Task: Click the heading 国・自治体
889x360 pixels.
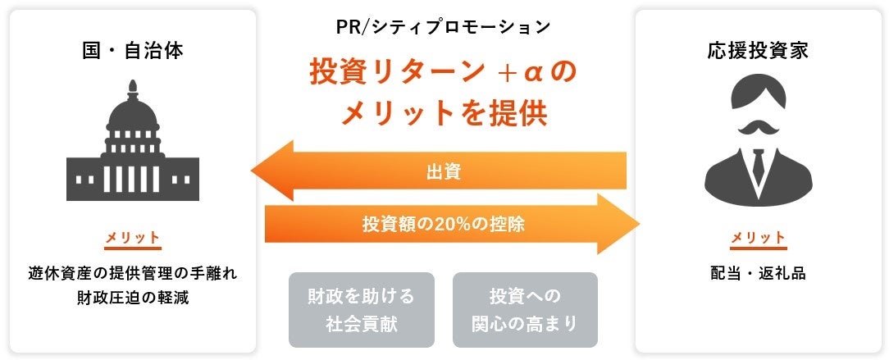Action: pos(132,51)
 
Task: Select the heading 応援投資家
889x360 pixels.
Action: pos(758,51)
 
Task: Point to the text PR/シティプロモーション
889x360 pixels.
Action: pos(444,27)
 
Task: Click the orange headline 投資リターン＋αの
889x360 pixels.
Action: pos(444,72)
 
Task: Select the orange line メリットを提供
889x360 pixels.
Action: pos(444,113)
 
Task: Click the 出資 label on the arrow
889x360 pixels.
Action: pos(444,171)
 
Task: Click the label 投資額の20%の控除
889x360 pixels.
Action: pos(444,223)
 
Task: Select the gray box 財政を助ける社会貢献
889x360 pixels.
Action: pos(362,309)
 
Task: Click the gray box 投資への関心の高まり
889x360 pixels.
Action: pos(525,309)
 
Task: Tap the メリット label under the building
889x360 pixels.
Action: pos(132,238)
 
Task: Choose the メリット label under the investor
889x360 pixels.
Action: pos(758,238)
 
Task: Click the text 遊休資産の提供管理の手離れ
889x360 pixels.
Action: pos(132,274)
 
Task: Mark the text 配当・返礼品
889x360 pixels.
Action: pos(758,274)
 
